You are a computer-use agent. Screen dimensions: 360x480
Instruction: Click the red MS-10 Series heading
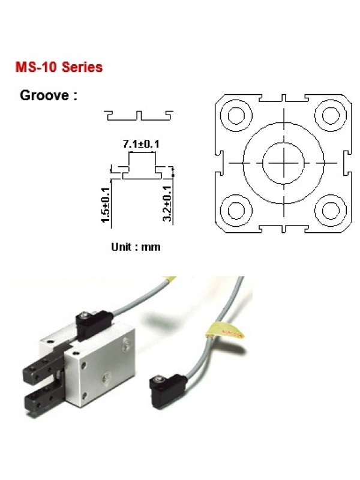59,67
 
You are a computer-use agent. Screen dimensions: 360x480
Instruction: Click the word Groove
44,95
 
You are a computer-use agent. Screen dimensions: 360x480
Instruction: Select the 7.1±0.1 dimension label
141,143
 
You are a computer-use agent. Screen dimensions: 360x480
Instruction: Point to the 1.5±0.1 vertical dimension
106,205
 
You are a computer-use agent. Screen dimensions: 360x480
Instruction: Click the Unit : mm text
136,247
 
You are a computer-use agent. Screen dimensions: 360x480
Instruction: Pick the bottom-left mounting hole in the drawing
236,211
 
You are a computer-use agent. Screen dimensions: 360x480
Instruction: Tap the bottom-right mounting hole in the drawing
331,211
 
